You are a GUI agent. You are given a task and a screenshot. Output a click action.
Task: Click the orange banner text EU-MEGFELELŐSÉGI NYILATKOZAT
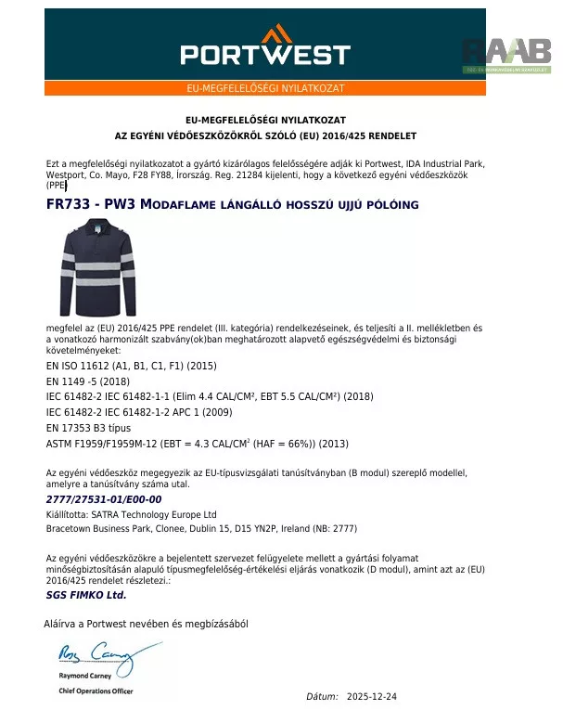pyautogui.click(x=265, y=88)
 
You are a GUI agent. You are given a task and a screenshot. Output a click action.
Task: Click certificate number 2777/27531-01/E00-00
pyautogui.click(x=104, y=499)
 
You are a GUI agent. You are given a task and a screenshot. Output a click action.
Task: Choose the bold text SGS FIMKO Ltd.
pyautogui.click(x=85, y=595)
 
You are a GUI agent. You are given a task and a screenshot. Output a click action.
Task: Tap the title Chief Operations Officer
pyautogui.click(x=96, y=691)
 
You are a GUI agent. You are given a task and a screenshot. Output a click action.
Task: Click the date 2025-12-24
pyautogui.click(x=372, y=696)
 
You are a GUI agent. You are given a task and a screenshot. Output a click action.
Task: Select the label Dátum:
pyautogui.click(x=323, y=696)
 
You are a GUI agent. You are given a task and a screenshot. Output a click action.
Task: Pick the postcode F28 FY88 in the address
pyautogui.click(x=155, y=174)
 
